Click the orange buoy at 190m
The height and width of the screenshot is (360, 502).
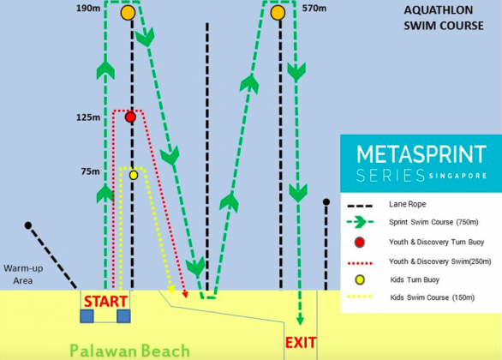(x=128, y=13)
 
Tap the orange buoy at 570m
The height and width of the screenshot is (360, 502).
(x=278, y=13)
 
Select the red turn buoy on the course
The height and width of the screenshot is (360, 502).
(x=130, y=117)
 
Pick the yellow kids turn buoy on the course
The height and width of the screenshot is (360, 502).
(x=134, y=175)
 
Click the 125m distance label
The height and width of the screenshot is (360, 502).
(x=88, y=117)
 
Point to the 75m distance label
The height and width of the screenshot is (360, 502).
(x=90, y=171)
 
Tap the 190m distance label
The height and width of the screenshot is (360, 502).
(x=88, y=9)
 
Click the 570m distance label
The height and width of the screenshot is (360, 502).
(x=314, y=9)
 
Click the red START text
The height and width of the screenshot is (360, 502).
(x=105, y=302)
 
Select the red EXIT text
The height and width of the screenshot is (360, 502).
(x=301, y=343)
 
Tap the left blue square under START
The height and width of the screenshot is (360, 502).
(x=87, y=316)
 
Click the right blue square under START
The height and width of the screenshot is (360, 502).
(x=123, y=316)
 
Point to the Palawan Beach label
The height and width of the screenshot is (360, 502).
(x=129, y=351)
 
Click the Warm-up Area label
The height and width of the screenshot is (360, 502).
(x=23, y=274)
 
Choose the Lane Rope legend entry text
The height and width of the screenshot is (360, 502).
(x=408, y=204)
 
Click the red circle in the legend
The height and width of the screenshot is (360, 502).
(x=360, y=242)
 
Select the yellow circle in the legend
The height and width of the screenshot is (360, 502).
(x=360, y=280)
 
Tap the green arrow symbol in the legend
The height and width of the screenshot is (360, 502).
(x=360, y=222)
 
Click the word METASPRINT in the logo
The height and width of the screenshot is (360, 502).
(x=421, y=154)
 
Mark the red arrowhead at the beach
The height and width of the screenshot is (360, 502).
(x=185, y=294)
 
